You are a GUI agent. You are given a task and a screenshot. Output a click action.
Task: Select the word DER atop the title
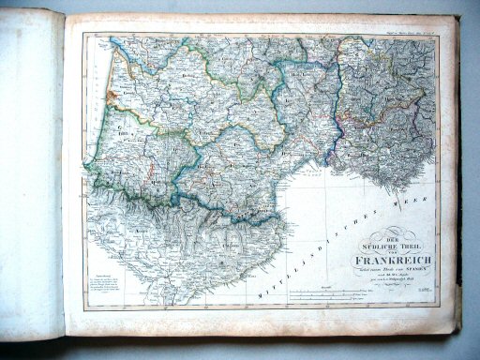click(x=387, y=232)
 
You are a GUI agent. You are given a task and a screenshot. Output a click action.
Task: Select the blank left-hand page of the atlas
click(x=32, y=178)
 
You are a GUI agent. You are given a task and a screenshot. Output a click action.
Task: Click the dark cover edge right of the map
click(x=462, y=187)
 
